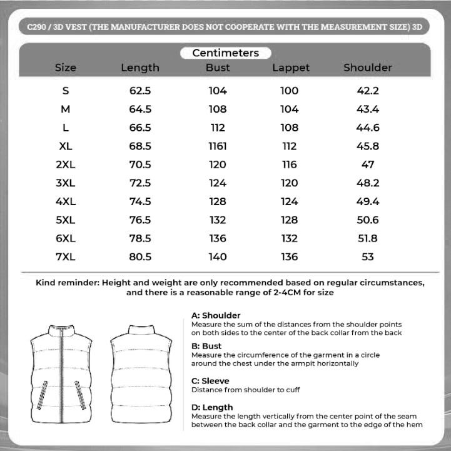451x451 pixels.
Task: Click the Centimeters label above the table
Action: [x=225, y=53]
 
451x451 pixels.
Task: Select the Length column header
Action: [x=140, y=68]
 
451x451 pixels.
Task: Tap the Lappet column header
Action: [x=291, y=68]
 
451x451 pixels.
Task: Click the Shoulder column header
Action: [x=368, y=68]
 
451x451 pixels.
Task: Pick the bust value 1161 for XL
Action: [x=218, y=146]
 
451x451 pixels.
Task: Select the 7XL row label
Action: [x=66, y=257]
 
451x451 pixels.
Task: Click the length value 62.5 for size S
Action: [x=140, y=91]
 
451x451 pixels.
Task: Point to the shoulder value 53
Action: [x=368, y=257]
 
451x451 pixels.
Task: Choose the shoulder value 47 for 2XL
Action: [x=368, y=165]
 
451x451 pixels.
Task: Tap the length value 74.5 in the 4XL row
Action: [x=140, y=201]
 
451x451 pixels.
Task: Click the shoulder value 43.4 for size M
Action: [x=368, y=109]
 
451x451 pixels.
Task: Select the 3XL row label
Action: [x=66, y=183]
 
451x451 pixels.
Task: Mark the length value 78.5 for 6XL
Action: [x=140, y=238]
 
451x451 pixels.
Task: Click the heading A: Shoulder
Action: [x=216, y=315]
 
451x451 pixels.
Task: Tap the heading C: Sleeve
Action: [x=210, y=381]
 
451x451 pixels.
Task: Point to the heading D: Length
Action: [x=212, y=408]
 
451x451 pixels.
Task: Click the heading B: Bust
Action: [x=206, y=345]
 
